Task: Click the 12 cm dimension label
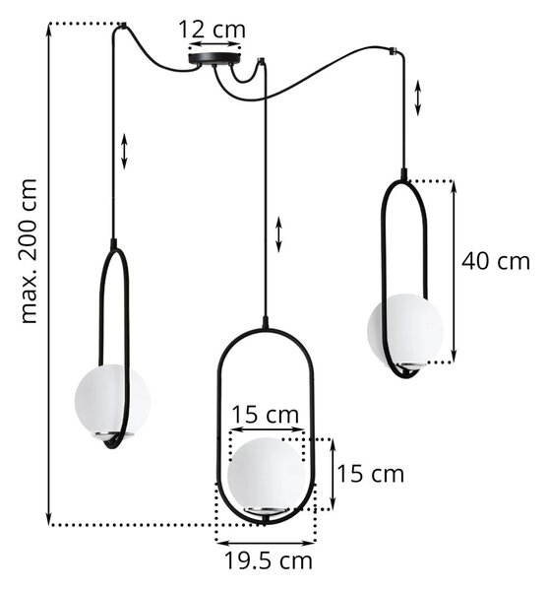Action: coord(212,30)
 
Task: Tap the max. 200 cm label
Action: coord(30,251)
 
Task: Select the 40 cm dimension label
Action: coord(496,261)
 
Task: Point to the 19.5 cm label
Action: coord(269,560)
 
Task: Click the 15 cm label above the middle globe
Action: coord(266,415)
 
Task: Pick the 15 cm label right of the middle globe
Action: coord(370,474)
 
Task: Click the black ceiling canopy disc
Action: coord(214,58)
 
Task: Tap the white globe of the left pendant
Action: coord(112,399)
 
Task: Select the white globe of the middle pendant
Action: coord(267,474)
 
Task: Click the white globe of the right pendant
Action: coord(405,330)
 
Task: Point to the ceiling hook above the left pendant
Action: coord(123,26)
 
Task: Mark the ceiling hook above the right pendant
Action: coord(395,50)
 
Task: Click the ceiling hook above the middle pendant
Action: coord(261,60)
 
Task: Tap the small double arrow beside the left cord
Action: coord(125,151)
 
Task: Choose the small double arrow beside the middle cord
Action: coord(278,234)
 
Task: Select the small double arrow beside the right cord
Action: coord(418,98)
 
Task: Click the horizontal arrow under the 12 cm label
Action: coord(214,44)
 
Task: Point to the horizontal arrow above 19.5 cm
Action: coord(266,543)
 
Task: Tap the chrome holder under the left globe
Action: coord(113,434)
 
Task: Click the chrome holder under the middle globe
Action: coord(267,510)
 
